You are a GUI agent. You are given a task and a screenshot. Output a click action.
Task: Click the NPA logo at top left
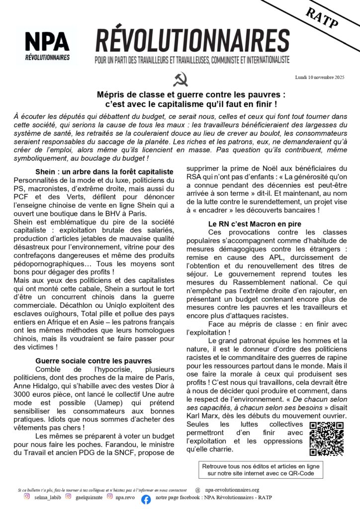coord(47,46)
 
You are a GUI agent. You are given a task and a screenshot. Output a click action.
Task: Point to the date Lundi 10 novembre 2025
coord(319,77)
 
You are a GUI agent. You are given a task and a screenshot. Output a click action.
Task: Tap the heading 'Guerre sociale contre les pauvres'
coord(93,360)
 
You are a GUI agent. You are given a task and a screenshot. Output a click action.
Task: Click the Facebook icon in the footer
coord(146,500)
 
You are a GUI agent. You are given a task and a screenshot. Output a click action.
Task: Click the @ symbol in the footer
coord(198,489)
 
